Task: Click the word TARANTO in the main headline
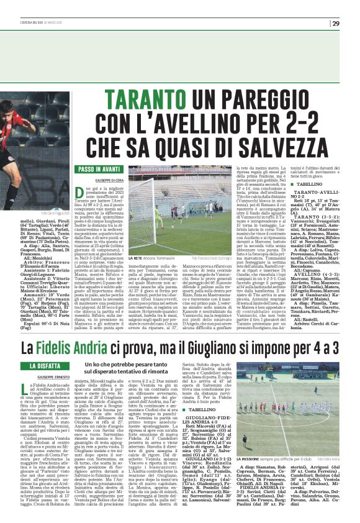pyautogui.click(x=148, y=99)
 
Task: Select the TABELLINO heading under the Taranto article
pyautogui.click(x=300, y=184)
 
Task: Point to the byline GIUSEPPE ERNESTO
pyautogui.click(x=55, y=378)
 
